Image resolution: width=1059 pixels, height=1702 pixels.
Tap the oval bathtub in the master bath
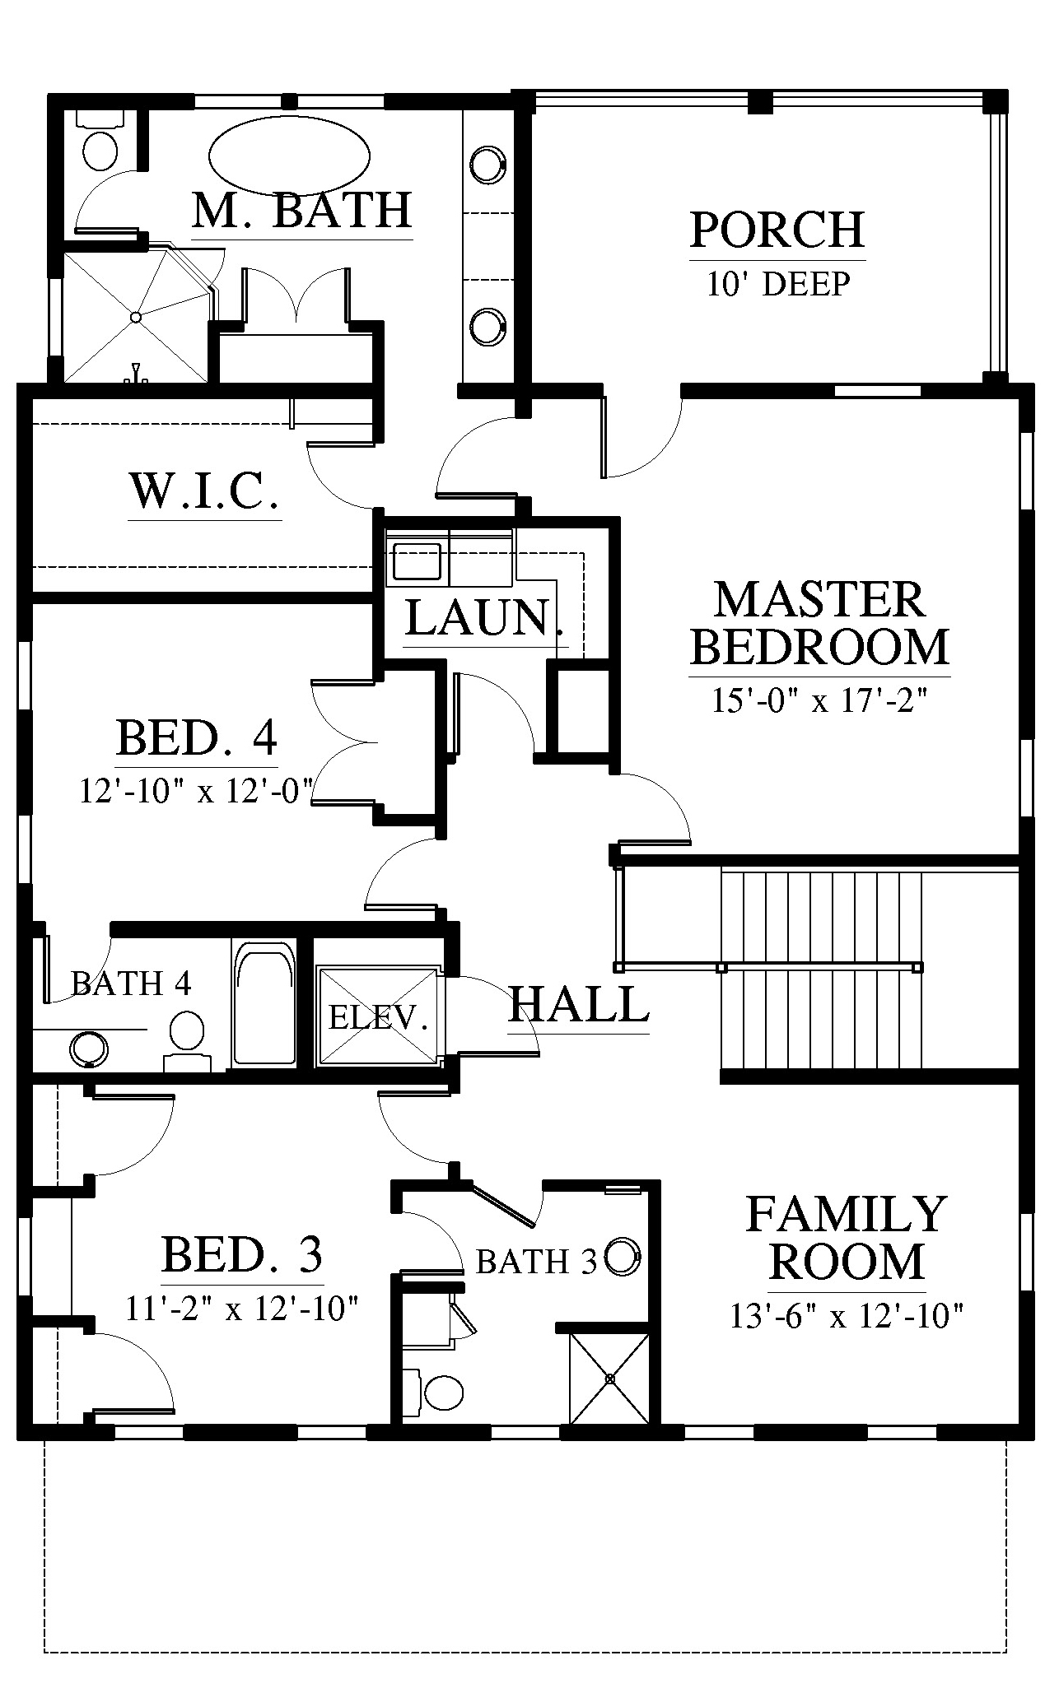(289, 157)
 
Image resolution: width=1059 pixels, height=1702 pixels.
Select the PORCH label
(777, 230)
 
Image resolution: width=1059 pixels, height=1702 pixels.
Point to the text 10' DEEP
(778, 284)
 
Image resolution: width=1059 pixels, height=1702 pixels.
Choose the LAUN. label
(485, 618)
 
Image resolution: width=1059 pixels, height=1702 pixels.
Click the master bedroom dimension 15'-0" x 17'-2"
(820, 701)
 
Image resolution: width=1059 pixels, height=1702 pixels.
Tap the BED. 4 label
(197, 737)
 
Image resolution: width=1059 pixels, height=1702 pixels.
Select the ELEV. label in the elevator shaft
(379, 1018)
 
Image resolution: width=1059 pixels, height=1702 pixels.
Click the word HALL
(579, 1004)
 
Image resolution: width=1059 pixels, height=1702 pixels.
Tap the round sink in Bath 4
(88, 1049)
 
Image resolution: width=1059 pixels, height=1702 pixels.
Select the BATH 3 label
(536, 1261)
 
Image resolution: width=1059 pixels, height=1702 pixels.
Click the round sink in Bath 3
(622, 1257)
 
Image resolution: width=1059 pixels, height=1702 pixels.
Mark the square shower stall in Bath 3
(610, 1378)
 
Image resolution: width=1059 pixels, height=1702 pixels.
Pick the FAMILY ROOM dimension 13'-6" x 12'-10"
(847, 1316)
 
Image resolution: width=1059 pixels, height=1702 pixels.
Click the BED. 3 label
(242, 1254)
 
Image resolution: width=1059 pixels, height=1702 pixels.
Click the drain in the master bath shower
(136, 316)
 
